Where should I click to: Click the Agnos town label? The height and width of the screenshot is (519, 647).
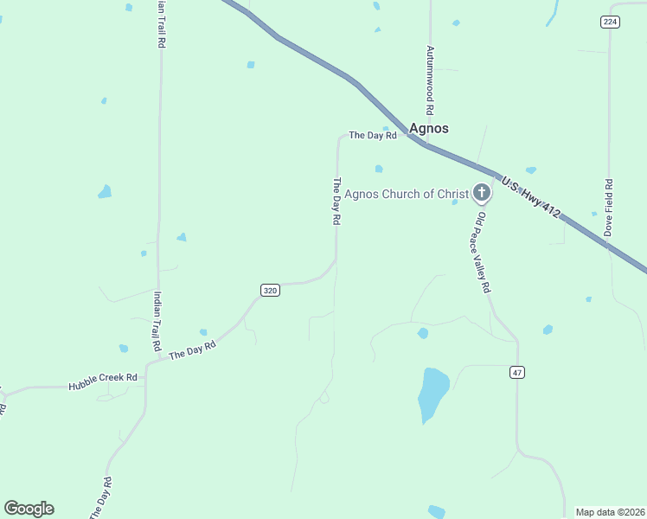pos(428,128)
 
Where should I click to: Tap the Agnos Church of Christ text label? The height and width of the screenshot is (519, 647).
pos(406,194)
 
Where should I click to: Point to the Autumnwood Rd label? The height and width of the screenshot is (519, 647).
pos(428,81)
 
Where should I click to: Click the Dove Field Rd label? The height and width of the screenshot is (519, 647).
pos(608,208)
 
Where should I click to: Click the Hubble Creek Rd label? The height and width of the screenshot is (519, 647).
pos(103,377)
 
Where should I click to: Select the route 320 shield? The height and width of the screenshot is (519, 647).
pos(270,291)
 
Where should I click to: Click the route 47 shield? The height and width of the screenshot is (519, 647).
pos(517,372)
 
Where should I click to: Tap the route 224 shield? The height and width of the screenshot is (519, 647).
pos(611,22)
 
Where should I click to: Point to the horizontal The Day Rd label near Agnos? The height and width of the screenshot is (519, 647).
pos(372,135)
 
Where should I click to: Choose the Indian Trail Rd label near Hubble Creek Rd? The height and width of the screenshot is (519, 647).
pos(157,320)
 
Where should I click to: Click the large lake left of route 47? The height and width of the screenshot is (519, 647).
pos(432,394)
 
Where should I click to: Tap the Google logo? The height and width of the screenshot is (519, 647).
pos(29,509)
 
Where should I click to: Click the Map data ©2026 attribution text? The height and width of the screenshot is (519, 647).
pos(610,512)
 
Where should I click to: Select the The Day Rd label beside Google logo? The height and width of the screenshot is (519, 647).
pos(100,497)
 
